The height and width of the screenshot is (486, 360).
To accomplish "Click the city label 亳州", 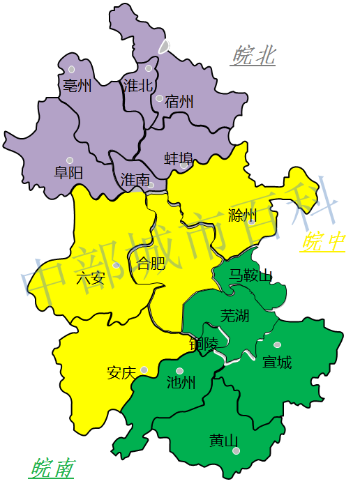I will click(x=77, y=86).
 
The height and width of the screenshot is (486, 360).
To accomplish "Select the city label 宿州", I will click(x=179, y=102).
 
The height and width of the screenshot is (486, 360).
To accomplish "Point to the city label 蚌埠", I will click(x=179, y=158).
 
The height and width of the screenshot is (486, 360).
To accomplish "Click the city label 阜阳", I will click(x=68, y=172).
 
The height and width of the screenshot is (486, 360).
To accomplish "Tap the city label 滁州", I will click(x=242, y=215).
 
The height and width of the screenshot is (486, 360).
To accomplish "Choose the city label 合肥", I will click(x=151, y=264).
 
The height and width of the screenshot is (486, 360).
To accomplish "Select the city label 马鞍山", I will click(x=250, y=275).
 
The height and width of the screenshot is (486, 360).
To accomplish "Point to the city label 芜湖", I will click(x=234, y=315).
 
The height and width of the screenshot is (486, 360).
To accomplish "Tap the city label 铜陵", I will click(x=203, y=344).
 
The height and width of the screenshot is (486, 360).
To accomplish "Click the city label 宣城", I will click(x=277, y=362).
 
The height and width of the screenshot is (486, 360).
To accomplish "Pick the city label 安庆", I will click(x=121, y=372).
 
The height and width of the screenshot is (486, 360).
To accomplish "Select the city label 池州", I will click(x=181, y=382).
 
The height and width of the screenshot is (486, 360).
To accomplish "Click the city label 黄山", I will click(x=224, y=441).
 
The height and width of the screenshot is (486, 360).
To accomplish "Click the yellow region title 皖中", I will click(x=323, y=242).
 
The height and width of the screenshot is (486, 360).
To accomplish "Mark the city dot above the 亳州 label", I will click(x=71, y=69).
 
